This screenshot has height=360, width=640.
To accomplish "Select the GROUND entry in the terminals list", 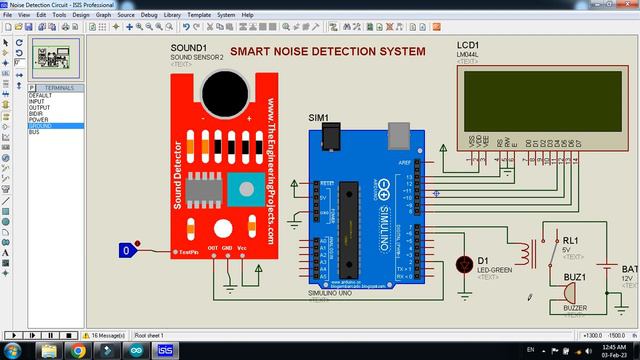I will click(41, 126).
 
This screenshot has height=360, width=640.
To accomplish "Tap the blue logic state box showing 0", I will click(125, 250).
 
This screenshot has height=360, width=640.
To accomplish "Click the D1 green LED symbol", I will click(463, 265).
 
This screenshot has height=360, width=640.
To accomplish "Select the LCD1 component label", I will click(468, 47).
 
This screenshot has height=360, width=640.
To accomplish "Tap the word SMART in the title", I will click(250, 51).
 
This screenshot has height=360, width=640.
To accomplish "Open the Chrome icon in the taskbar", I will click(77, 350).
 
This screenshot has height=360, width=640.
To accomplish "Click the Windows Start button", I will click(14, 350).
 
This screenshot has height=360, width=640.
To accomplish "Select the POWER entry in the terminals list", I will click(38, 120).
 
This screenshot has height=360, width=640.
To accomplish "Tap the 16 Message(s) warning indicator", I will click(108, 335).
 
